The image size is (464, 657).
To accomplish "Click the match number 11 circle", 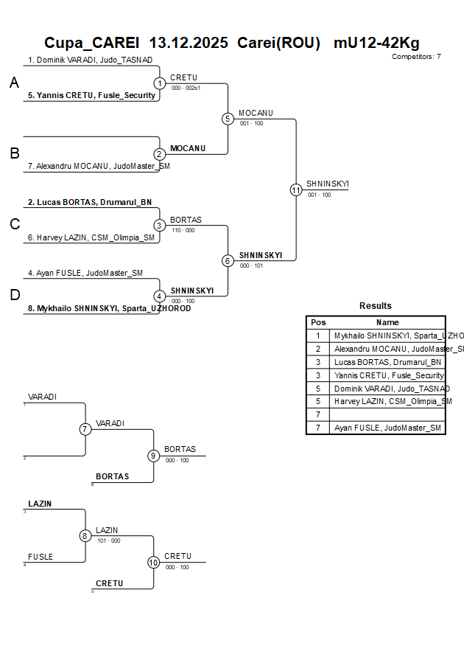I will pos(296,190).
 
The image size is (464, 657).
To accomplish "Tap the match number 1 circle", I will pos(160,83).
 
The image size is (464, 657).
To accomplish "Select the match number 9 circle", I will pos(153,456).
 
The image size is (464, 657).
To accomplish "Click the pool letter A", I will pos(14,84).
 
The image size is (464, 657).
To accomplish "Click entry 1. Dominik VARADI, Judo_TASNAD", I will pos(91,60).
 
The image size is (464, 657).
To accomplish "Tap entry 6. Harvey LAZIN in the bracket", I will pos(91,237).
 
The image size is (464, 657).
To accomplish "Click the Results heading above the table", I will pos(376,306).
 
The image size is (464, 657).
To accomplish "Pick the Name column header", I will pos(387,322).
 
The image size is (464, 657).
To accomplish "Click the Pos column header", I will pos(318,322).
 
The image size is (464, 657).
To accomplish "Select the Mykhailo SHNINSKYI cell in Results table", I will pos(387,336).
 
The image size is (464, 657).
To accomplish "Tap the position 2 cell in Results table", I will pos(318,349).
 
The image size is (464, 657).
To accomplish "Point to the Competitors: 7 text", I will pos(416,57).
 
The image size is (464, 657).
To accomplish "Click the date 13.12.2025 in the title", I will pos(189,43).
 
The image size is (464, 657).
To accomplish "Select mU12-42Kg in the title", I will pos(376,43).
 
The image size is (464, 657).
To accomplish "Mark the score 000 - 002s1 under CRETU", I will pos(186,88).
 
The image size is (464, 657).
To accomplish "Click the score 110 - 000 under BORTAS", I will pos(183,230).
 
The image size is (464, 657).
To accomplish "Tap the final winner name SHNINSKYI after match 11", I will pos(327,184).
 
